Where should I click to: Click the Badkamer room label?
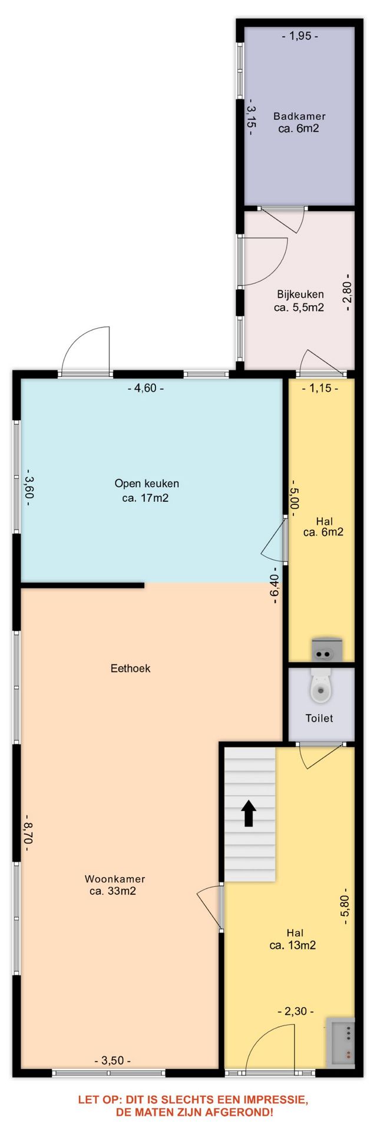(299, 116)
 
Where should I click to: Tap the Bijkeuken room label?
(300, 294)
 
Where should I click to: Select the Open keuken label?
(147, 484)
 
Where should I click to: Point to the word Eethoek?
(131, 668)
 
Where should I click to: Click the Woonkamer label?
(115, 879)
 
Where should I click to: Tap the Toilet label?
(319, 718)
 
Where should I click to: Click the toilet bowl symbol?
(321, 686)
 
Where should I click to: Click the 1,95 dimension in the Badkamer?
(300, 36)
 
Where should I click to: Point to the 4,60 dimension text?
(146, 388)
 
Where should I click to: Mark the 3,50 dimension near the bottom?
(113, 1060)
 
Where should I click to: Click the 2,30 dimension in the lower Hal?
(296, 1011)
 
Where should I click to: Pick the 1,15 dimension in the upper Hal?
(320, 388)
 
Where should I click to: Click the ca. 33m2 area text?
(113, 891)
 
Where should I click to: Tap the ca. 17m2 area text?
(146, 498)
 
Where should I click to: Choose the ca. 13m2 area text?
(293, 945)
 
